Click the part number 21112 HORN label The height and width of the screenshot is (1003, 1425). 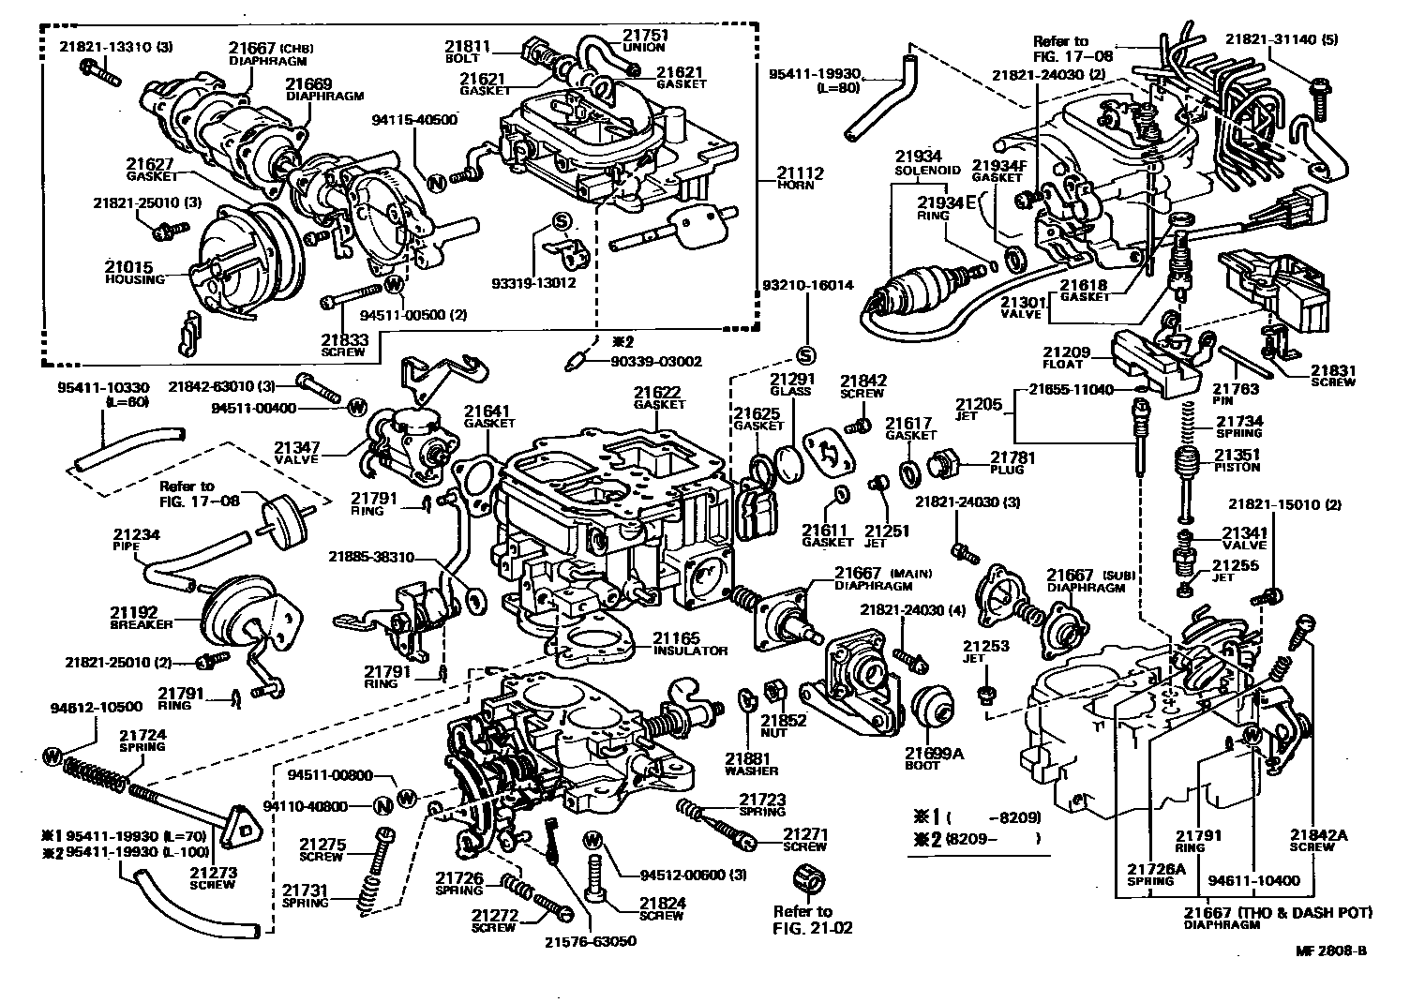tap(796, 178)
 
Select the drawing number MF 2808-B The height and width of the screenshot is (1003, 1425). tap(1330, 951)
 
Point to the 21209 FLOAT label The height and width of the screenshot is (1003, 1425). tap(1068, 358)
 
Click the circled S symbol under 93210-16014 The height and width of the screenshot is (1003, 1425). tap(805, 354)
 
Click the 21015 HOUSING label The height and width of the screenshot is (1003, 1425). tap(134, 273)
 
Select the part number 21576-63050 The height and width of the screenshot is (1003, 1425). tap(590, 941)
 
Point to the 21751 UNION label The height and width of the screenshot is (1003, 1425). tap(648, 41)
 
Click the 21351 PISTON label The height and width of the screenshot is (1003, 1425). tap(1237, 460)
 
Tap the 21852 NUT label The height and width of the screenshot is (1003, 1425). tap(784, 726)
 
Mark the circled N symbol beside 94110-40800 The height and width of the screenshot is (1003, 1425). tap(382, 805)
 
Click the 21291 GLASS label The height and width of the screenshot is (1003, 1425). tap(790, 384)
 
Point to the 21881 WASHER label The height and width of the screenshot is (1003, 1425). tap(750, 764)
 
